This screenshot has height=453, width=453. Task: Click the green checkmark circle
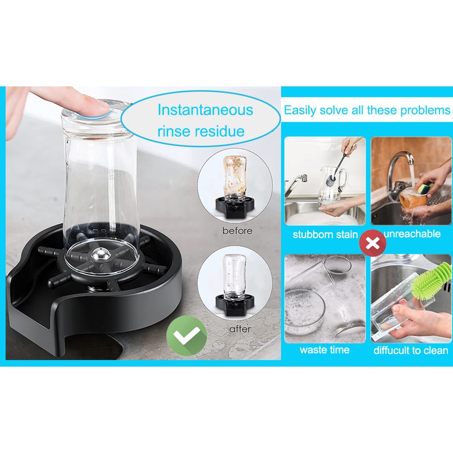(x=186, y=335)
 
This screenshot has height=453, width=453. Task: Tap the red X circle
(x=373, y=243)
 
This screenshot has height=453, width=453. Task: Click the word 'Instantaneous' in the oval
(x=205, y=110)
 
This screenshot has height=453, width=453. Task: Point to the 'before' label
(x=237, y=231)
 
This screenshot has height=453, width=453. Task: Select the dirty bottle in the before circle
(x=235, y=177)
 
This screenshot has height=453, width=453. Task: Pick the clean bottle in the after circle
(x=234, y=276)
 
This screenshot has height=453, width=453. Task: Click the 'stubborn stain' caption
(x=325, y=234)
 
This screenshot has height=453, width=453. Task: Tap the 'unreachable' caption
(x=412, y=234)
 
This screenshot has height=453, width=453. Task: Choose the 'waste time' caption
(x=325, y=350)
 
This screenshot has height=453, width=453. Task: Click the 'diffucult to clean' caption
(x=411, y=350)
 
